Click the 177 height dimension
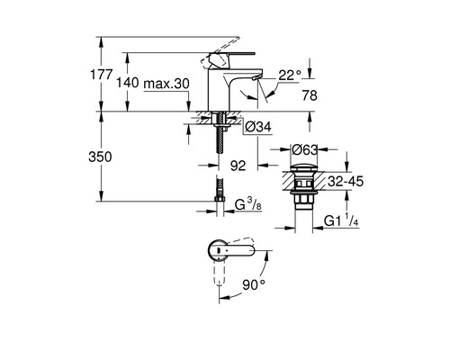(x=102, y=75)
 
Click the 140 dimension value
(x=128, y=82)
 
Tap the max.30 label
(x=166, y=84)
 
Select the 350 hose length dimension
(x=100, y=157)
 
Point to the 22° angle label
(x=290, y=75)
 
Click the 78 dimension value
(x=310, y=95)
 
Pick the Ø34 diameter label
(x=258, y=127)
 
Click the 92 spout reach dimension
(x=238, y=166)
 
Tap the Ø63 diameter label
(x=305, y=149)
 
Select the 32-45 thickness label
(x=346, y=181)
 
